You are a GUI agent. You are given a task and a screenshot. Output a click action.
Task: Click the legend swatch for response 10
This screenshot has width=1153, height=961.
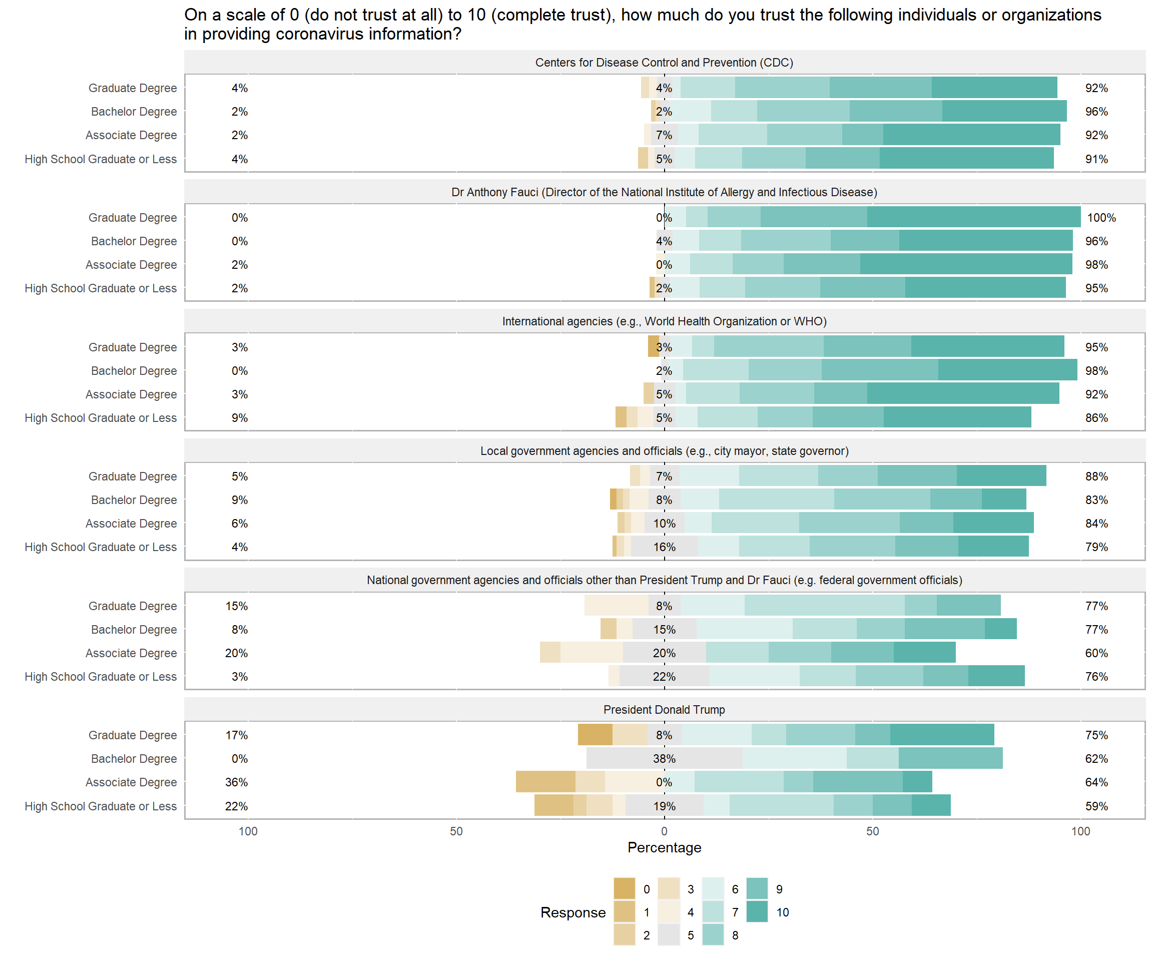(x=757, y=912)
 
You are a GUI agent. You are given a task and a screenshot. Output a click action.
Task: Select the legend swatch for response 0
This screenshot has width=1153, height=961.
(x=624, y=889)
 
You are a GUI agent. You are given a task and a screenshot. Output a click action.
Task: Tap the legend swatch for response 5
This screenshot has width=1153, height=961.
(x=669, y=935)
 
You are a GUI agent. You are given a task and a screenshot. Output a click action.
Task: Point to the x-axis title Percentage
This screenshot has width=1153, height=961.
(x=665, y=847)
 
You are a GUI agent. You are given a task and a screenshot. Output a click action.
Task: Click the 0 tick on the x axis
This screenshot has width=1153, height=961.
(x=665, y=831)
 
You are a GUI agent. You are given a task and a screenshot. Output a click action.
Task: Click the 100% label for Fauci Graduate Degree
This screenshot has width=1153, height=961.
(x=1101, y=217)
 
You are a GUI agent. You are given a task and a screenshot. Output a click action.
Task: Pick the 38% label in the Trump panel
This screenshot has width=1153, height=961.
(x=665, y=759)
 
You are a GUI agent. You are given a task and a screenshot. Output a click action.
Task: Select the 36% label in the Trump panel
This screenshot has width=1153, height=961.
(x=237, y=782)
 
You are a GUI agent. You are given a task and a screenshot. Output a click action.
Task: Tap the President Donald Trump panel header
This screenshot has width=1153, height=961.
(x=665, y=710)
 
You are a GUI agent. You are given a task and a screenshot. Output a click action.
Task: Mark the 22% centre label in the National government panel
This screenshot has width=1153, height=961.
(x=665, y=677)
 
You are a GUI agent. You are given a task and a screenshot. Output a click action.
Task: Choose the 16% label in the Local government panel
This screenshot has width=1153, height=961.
(x=665, y=547)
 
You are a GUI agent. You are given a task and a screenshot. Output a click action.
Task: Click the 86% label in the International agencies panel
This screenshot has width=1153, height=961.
(x=1096, y=418)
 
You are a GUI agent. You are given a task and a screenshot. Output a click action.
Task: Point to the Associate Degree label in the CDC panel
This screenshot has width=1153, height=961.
(x=131, y=135)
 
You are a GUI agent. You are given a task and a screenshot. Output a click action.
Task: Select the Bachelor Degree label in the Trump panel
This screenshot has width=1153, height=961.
(x=134, y=759)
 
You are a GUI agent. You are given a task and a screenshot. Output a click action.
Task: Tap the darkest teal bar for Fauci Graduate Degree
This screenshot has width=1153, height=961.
(x=973, y=217)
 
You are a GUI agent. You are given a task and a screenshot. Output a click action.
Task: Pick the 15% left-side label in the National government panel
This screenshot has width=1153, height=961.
(x=237, y=606)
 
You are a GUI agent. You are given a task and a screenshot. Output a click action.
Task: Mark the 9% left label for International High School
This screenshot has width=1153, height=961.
(x=239, y=418)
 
